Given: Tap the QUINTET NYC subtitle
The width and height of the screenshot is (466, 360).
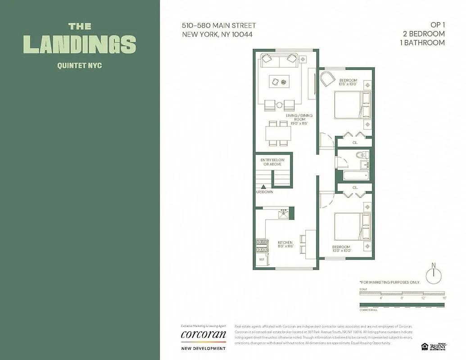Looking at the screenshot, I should tap(79, 66).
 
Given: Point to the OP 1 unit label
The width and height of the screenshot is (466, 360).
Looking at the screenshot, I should tap(436, 26).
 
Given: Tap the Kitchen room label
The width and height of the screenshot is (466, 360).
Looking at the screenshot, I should tap(285, 244).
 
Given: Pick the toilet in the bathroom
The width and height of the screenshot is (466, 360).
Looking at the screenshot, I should tap(362, 156).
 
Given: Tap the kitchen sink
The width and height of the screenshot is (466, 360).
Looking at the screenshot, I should tap(283, 214).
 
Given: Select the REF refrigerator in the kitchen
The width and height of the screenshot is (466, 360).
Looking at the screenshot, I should tap(261, 260).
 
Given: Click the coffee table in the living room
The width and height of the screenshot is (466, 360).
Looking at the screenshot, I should tap(279, 82).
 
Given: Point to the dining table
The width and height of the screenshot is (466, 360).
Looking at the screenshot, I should tap(278, 133).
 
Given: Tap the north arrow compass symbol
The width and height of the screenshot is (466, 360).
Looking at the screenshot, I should tap(434, 274).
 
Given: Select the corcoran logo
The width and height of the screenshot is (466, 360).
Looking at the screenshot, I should tap(203, 335).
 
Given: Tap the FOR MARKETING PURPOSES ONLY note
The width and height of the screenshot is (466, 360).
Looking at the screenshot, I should tap(389, 282).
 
